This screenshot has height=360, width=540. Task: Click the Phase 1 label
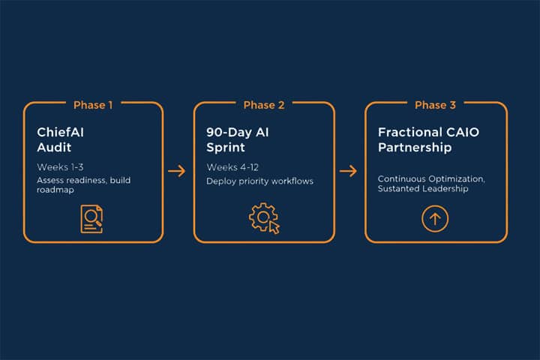(93, 105)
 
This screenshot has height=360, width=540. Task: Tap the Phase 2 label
(264, 105)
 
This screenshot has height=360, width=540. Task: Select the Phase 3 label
(435, 105)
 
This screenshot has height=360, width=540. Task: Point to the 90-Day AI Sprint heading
(238, 139)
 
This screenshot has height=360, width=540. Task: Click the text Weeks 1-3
(61, 166)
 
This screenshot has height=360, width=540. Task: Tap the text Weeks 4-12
(234, 166)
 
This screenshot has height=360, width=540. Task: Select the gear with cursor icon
(263, 218)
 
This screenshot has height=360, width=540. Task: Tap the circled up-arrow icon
(436, 219)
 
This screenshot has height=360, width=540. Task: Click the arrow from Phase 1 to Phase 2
(177, 171)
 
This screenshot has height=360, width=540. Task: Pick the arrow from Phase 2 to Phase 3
(348, 171)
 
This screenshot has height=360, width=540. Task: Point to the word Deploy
(220, 181)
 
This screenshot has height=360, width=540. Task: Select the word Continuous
(402, 179)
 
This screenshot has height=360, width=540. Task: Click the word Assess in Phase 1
(50, 181)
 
